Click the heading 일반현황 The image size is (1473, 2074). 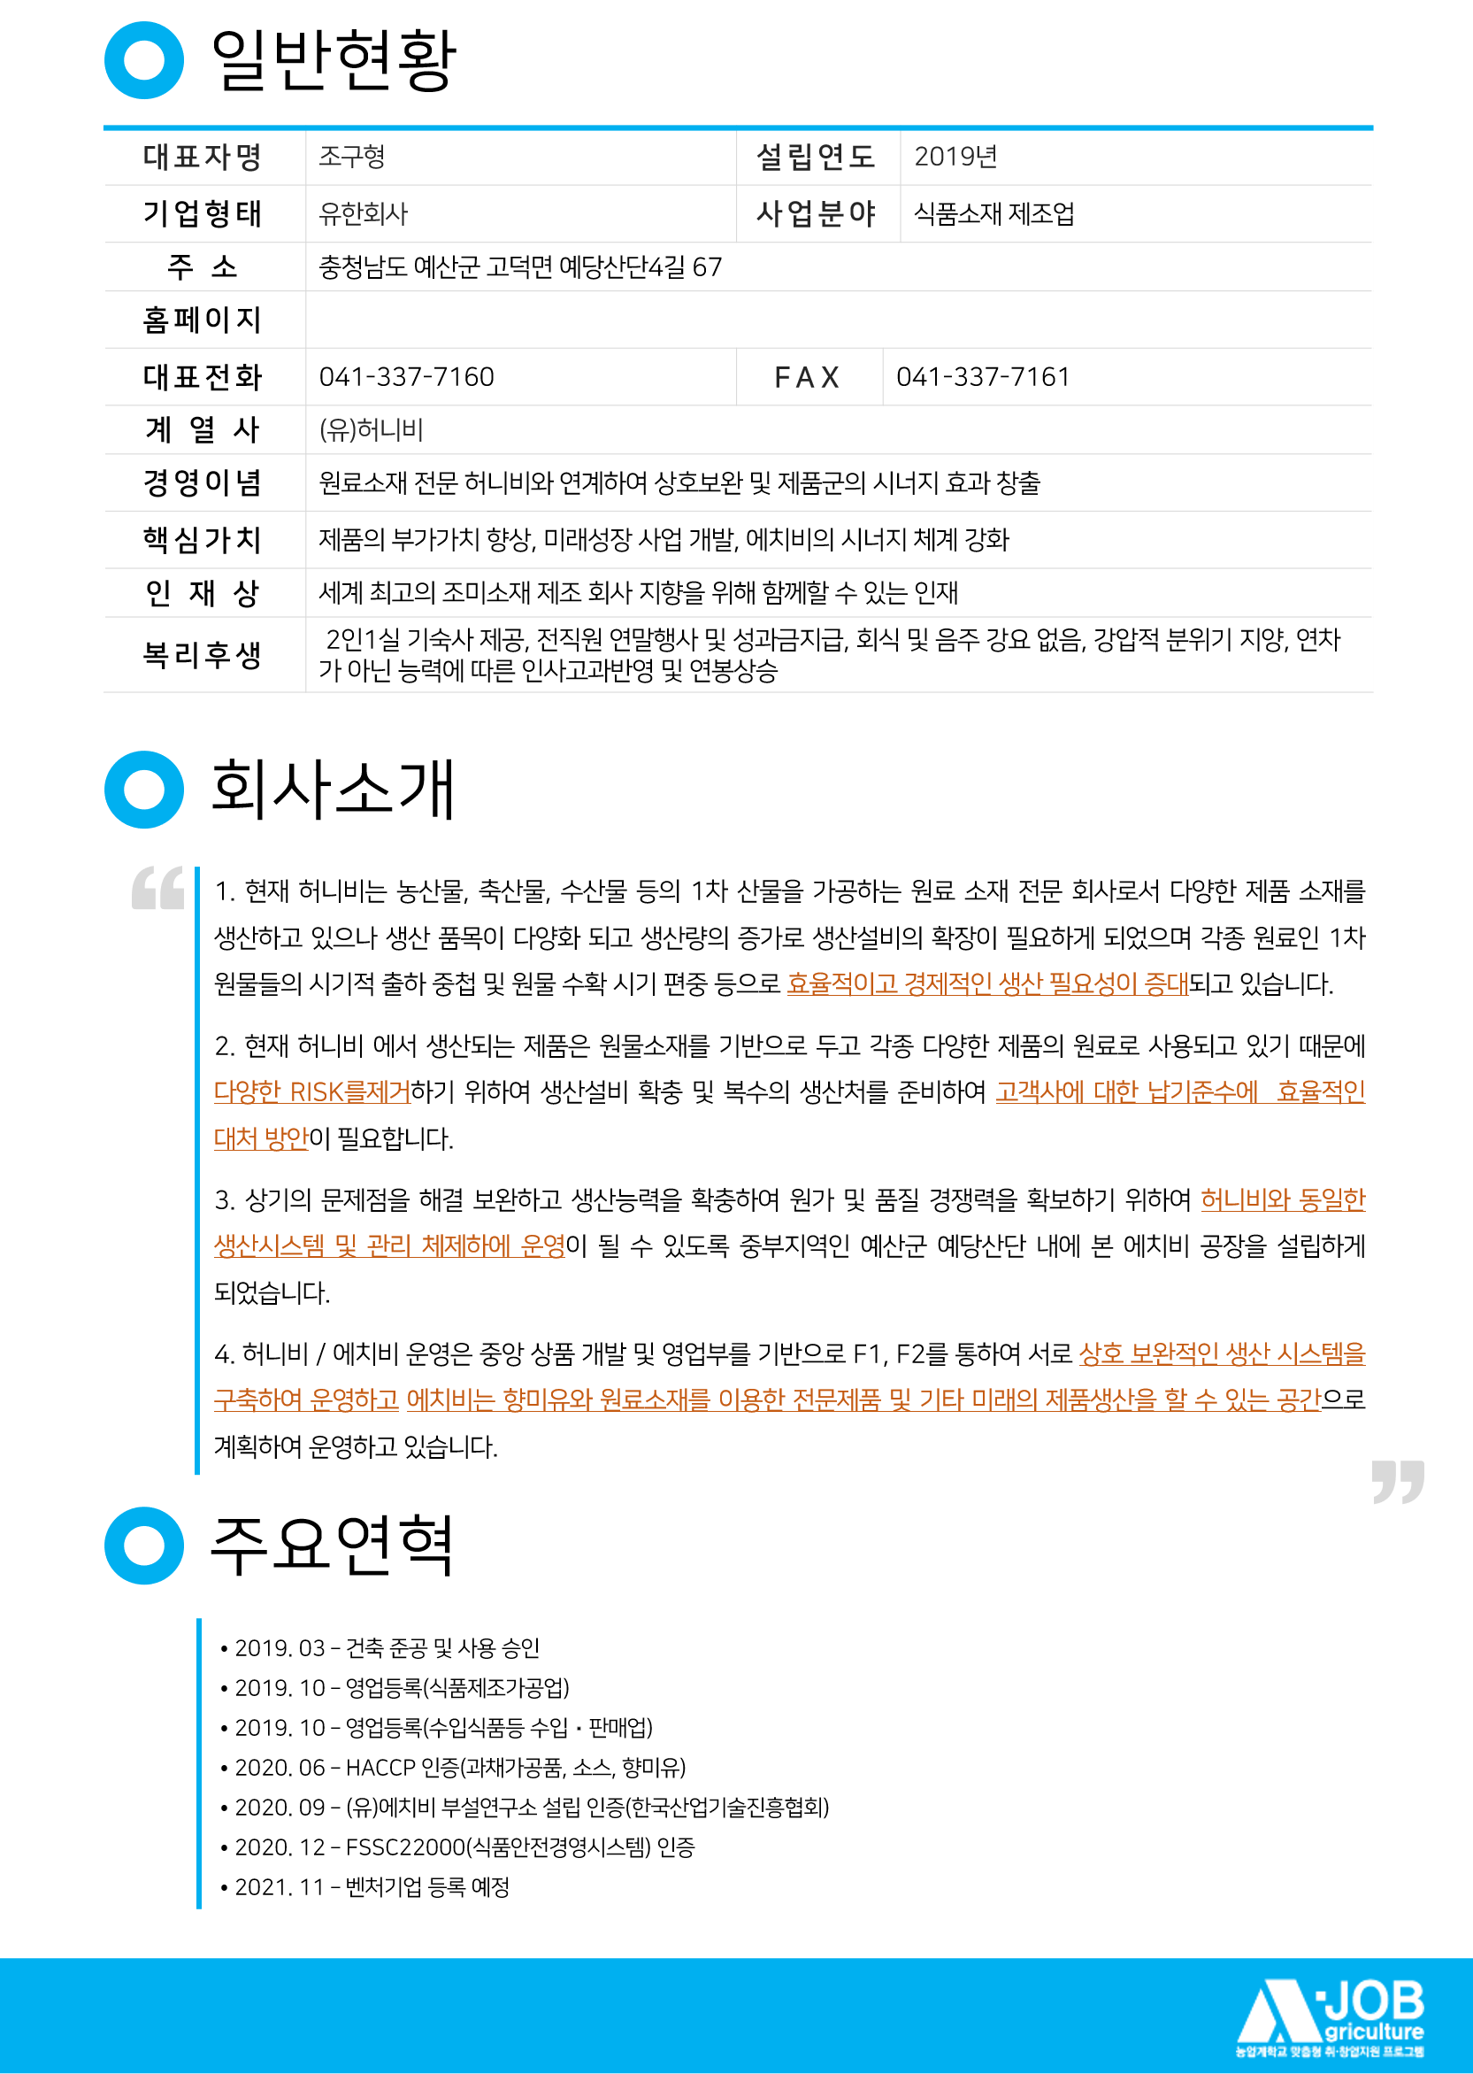333,61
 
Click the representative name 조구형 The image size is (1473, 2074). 352,157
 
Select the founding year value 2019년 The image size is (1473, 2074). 955,157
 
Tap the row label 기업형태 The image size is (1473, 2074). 203,213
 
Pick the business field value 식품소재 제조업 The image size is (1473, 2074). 994,214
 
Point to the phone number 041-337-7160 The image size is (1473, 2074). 406,376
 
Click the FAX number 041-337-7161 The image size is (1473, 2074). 983,376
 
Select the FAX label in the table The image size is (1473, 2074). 807,377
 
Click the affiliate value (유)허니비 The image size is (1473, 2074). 371,429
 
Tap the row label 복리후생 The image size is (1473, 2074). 203,655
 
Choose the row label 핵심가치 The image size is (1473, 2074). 203,540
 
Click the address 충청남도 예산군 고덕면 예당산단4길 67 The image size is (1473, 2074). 520,266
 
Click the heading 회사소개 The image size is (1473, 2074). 333,790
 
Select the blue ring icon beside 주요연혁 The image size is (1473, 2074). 144,1545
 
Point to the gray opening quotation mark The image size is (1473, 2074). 157,887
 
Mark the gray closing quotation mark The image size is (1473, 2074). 1398,1482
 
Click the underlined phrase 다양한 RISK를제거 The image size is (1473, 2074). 312,1091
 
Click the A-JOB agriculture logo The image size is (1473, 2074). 1331,2016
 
